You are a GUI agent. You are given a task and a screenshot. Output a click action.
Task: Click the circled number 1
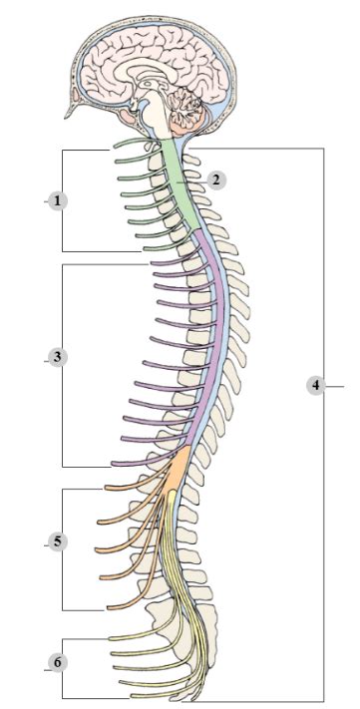[x=58, y=200]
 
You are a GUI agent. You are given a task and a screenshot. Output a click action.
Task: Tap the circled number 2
[x=217, y=179]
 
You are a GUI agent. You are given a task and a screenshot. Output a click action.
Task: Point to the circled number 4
[x=315, y=384]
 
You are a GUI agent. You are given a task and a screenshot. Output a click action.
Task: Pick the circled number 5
[x=58, y=541]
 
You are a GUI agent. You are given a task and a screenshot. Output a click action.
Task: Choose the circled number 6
[x=58, y=663]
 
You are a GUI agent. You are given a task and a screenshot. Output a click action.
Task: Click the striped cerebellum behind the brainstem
[x=184, y=105]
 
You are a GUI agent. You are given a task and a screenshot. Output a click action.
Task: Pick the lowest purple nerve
[x=140, y=462]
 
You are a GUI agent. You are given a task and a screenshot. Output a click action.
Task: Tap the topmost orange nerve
[x=130, y=489]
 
